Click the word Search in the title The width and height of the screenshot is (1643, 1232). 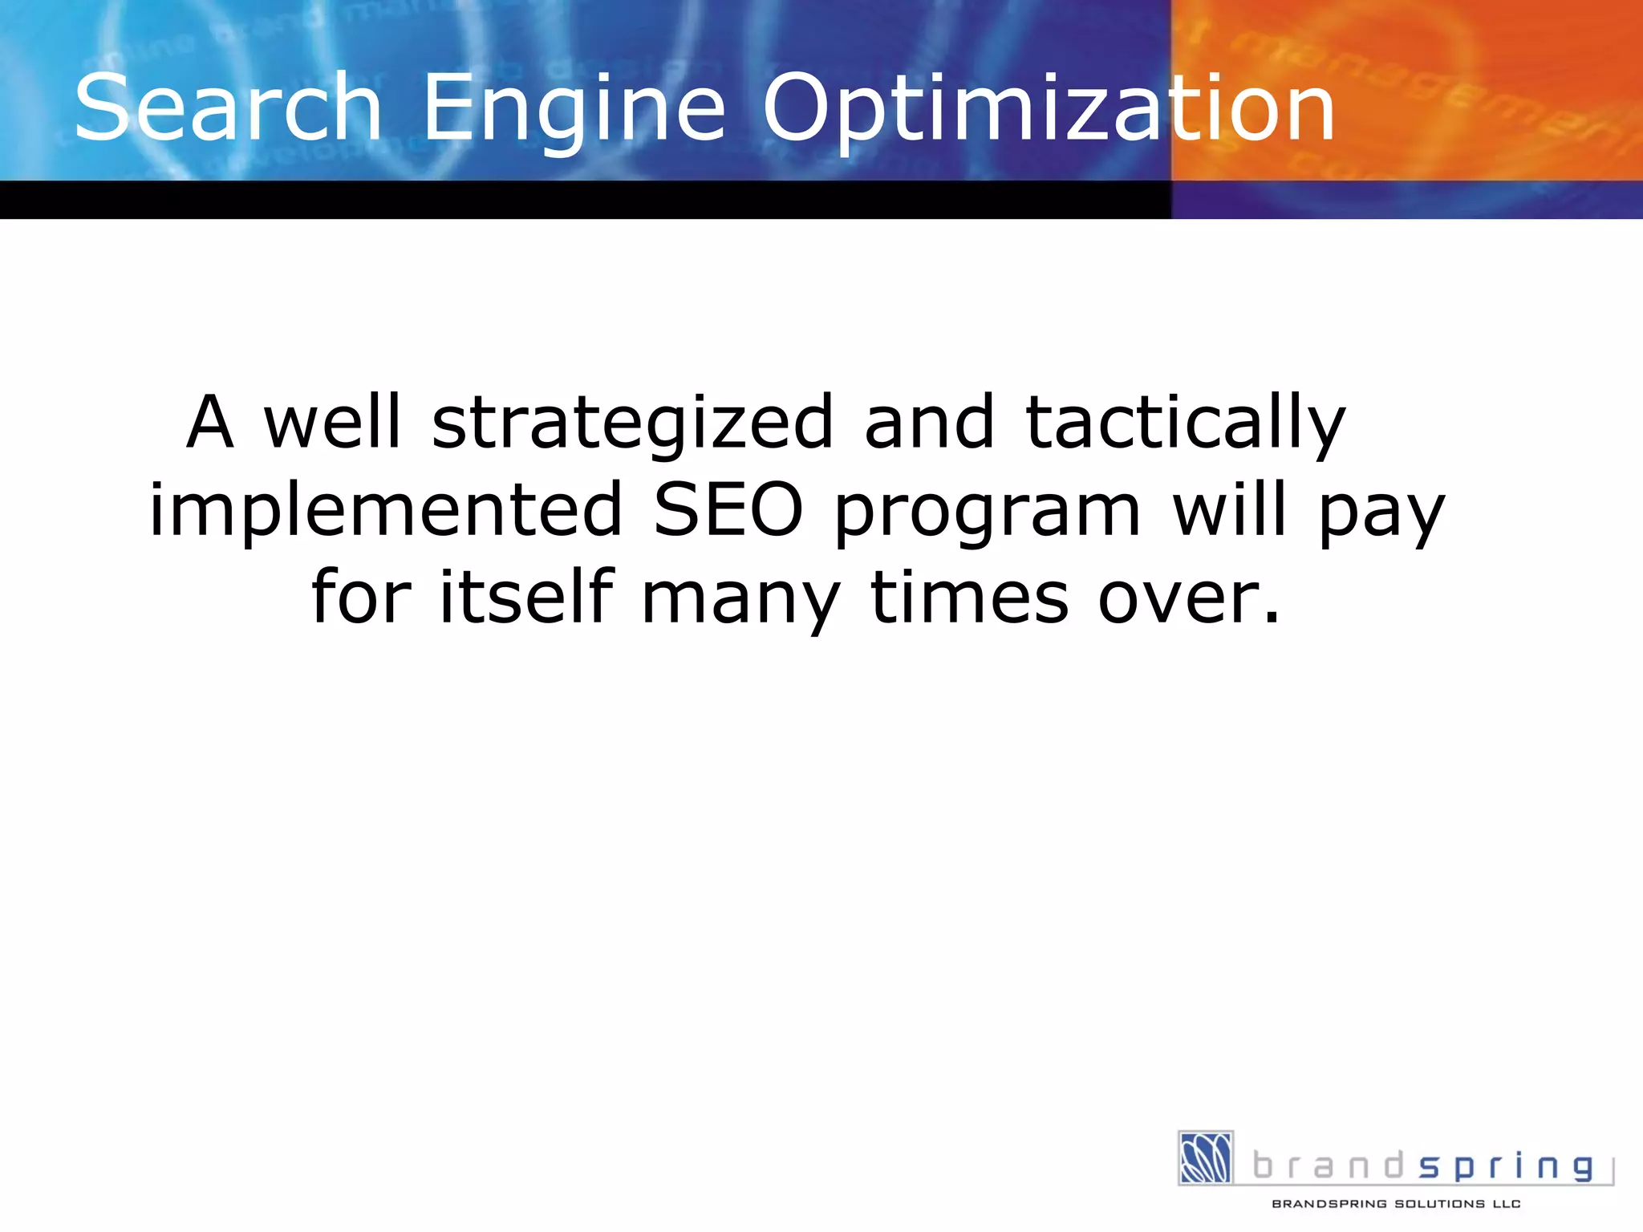point(228,107)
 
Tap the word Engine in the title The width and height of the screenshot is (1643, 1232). point(574,112)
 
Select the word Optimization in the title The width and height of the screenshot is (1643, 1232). point(1048,112)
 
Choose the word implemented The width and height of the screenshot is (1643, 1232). point(386,512)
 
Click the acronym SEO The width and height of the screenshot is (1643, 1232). point(728,510)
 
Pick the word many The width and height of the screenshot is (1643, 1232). point(741,602)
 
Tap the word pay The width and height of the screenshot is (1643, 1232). point(1381,515)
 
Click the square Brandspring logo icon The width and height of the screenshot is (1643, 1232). point(1205,1157)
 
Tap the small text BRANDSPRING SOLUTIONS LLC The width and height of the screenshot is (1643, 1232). point(1396,1204)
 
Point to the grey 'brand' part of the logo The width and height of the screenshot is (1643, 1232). point(1328,1165)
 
